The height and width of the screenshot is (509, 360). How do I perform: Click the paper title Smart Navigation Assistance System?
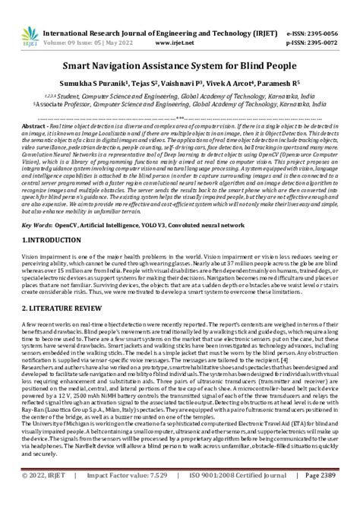click(x=180, y=66)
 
